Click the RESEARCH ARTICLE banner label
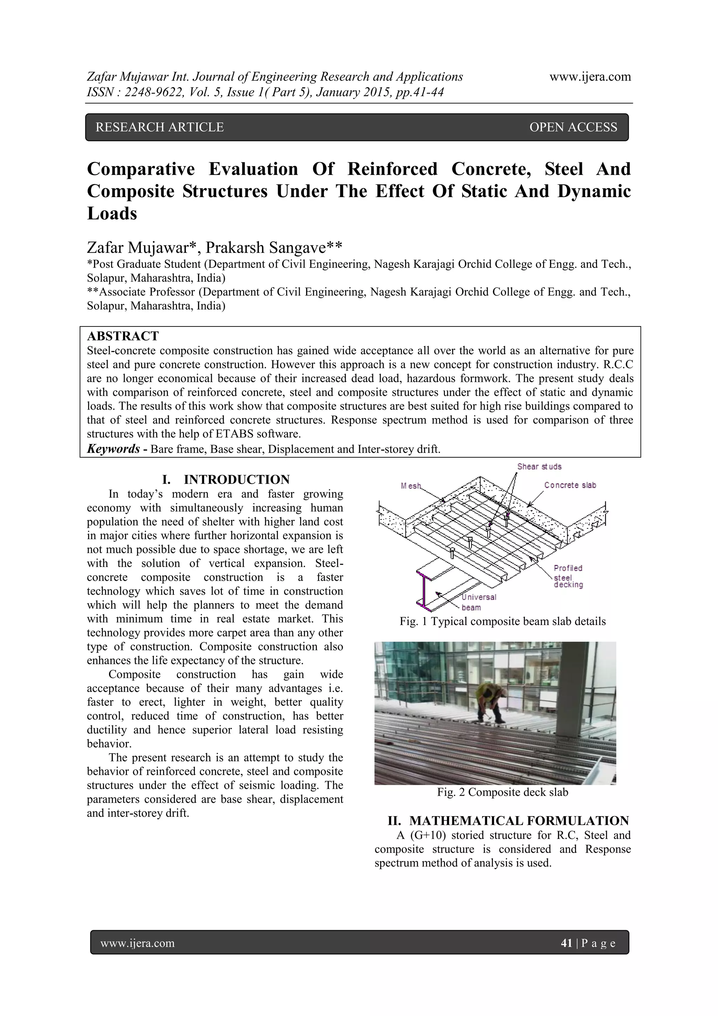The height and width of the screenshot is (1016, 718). tap(160, 127)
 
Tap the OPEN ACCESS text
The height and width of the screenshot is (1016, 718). tap(573, 127)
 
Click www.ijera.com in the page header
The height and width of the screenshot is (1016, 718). tap(590, 77)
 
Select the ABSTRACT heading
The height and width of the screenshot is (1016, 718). tap(123, 336)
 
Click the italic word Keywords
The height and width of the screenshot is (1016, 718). tap(113, 449)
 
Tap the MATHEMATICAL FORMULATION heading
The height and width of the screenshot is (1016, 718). tap(519, 821)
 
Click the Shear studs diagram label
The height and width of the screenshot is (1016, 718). tap(539, 466)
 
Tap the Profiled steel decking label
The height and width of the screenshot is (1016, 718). tap(568, 577)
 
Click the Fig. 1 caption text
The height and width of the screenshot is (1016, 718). tap(502, 621)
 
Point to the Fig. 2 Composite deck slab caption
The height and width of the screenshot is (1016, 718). tap(502, 792)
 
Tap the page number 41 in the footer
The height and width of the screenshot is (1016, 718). tap(566, 943)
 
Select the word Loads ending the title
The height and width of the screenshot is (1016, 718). tap(112, 214)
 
